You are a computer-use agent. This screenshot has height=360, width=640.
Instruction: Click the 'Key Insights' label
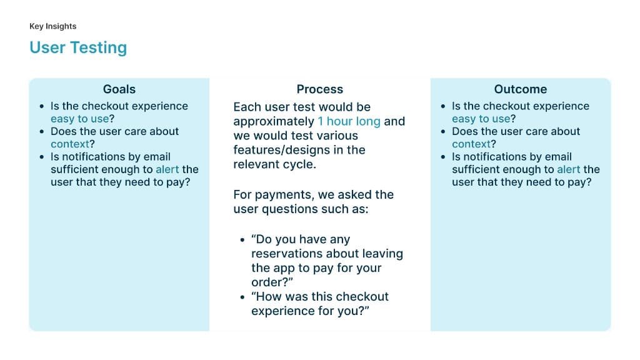(x=52, y=26)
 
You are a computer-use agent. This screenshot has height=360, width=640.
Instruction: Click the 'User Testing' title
(x=78, y=47)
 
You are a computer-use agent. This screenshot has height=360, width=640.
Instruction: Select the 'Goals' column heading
(x=119, y=89)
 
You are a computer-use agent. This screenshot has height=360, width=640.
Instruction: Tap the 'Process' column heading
(x=319, y=89)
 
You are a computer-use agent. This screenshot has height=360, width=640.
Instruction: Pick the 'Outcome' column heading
(x=520, y=89)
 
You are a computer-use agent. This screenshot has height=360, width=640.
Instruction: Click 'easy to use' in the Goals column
(x=77, y=119)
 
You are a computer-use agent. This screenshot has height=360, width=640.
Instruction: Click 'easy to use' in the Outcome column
(x=479, y=119)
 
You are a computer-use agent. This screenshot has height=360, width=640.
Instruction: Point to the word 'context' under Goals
(x=70, y=144)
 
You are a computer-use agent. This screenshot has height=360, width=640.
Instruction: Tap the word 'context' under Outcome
(x=471, y=144)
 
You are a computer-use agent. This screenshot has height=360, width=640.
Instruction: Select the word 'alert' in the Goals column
(x=167, y=169)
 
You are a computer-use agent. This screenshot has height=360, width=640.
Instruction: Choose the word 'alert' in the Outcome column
(x=569, y=169)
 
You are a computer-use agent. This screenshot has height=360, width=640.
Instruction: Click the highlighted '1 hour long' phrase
(x=349, y=121)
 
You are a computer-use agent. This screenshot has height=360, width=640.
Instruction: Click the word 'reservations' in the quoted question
(x=287, y=254)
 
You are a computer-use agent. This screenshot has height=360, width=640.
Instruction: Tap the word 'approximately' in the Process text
(x=274, y=121)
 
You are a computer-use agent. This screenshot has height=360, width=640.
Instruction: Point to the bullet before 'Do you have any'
(x=242, y=240)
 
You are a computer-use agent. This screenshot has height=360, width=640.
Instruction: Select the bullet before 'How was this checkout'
(x=242, y=297)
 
